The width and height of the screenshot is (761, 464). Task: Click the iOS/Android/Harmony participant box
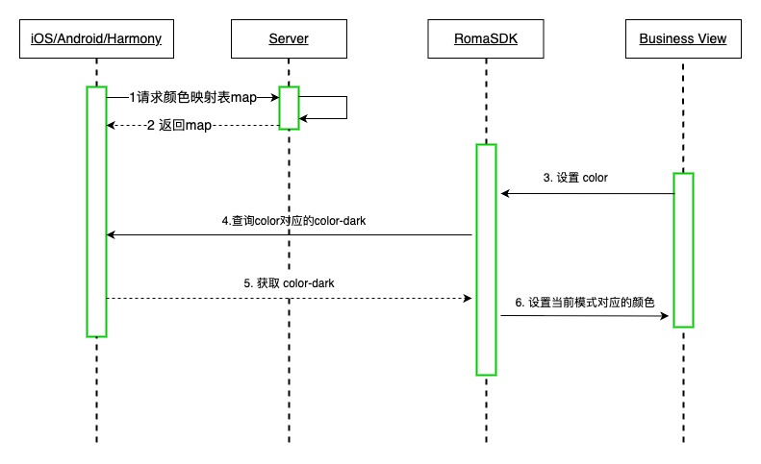[x=96, y=39]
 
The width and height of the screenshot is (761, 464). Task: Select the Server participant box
[x=289, y=39]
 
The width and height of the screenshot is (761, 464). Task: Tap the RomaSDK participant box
[x=486, y=39]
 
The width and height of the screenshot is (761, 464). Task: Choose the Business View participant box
[x=682, y=39]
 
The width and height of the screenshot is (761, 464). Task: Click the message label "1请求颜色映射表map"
[x=193, y=97]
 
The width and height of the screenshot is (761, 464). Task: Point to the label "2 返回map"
[x=179, y=126]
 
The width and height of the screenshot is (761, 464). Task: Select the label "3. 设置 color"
[x=575, y=178]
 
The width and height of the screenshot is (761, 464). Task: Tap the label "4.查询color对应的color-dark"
[x=293, y=220]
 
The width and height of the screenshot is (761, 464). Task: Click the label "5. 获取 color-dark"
[x=289, y=283]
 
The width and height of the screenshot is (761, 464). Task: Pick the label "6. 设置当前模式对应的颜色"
[x=585, y=302]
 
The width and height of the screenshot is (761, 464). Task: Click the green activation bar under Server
[x=289, y=108]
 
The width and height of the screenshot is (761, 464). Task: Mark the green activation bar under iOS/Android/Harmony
[x=96, y=211]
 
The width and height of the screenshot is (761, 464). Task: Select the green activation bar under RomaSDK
[x=486, y=259]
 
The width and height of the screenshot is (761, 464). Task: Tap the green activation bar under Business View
[x=683, y=250]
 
